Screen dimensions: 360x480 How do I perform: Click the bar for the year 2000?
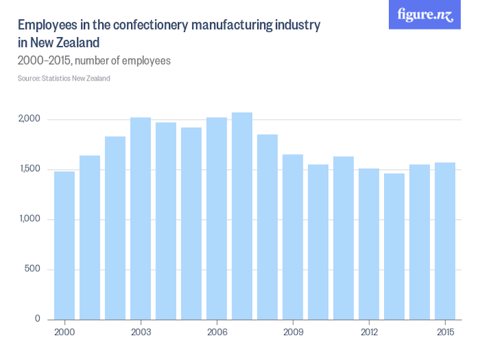point(65,246)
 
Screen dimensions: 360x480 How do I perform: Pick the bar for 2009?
point(292,237)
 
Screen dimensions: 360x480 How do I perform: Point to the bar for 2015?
point(445,241)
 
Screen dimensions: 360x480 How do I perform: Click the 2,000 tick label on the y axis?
point(29,120)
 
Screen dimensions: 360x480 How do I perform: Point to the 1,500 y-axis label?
point(29,169)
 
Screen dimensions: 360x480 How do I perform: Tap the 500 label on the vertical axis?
point(33,269)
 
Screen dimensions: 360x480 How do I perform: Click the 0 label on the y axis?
point(38,319)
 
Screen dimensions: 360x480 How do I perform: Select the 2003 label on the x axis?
point(141,333)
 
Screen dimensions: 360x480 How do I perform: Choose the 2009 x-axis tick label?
point(292,333)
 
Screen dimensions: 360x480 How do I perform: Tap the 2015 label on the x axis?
point(445,333)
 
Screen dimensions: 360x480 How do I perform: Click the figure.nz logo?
point(424,15)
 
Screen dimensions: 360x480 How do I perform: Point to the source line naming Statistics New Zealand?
point(64,79)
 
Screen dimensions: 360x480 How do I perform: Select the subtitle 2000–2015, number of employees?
point(94,61)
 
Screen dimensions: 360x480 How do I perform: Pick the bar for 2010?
point(318,242)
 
